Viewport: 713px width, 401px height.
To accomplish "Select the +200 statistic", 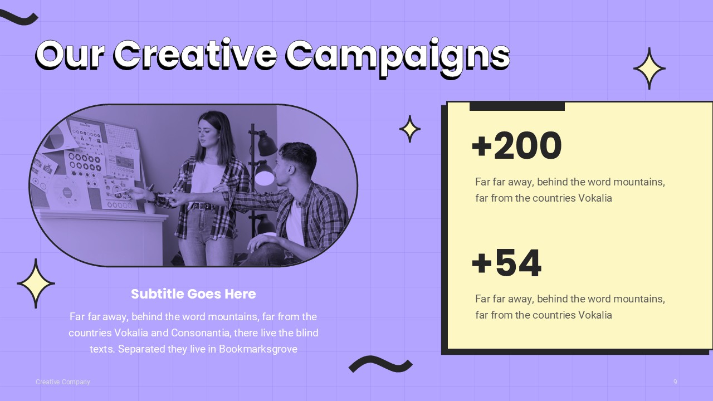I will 516,146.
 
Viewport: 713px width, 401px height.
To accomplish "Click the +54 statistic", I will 506,263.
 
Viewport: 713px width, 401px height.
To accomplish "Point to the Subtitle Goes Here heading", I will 193,294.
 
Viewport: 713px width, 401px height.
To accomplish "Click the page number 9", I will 675,382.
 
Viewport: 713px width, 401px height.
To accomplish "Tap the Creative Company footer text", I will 63,382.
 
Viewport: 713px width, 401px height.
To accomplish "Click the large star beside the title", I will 649,69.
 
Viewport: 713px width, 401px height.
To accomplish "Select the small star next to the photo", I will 410,129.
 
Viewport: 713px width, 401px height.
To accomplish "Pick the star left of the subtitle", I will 36,283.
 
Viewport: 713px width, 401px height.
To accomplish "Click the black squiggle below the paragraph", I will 380,364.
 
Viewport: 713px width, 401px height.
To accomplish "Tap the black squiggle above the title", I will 18,18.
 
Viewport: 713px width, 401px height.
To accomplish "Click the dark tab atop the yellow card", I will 517,106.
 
